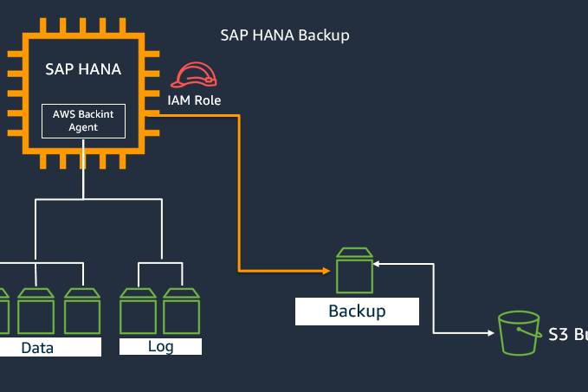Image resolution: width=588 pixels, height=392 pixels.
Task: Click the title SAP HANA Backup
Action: pos(285,35)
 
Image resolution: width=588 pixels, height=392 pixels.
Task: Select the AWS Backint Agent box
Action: pos(84,121)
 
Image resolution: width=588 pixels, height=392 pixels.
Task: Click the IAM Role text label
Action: pos(194,100)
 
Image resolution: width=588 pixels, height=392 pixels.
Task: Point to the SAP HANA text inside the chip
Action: pos(84,68)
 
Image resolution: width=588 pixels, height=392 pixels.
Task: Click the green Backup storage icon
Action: pos(354,270)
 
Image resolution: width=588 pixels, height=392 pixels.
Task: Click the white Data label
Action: pos(38,348)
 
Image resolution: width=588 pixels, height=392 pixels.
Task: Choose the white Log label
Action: pos(160,346)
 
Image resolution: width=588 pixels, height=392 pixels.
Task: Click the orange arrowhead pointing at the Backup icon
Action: pos(327,271)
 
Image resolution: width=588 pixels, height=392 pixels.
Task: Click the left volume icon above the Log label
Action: pos(138,311)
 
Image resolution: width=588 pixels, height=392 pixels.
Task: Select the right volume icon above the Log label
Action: pos(182,311)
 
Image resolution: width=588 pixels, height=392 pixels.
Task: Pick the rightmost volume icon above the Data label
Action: pos(83,311)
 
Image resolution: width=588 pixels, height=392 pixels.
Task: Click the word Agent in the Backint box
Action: pos(84,127)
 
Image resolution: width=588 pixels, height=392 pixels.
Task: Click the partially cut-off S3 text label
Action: pos(568,334)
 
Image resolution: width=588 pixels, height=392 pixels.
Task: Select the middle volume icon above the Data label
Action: pos(36,311)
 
